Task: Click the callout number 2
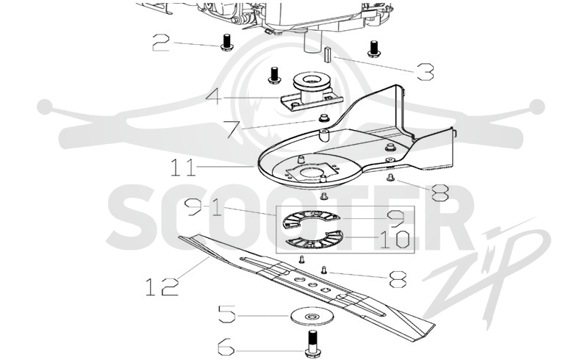pos(161,43)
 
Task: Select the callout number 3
pos(426,72)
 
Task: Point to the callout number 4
pos(214,97)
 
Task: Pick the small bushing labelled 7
pos(323,119)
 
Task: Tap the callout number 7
pos(233,129)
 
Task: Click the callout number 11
pos(183,168)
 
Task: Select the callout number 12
pos(162,287)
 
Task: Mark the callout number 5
pos(227,314)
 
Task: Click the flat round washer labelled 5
pos(310,317)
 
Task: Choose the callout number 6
pos(226,347)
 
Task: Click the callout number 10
pos(394,240)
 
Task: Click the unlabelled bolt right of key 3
pos(373,48)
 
